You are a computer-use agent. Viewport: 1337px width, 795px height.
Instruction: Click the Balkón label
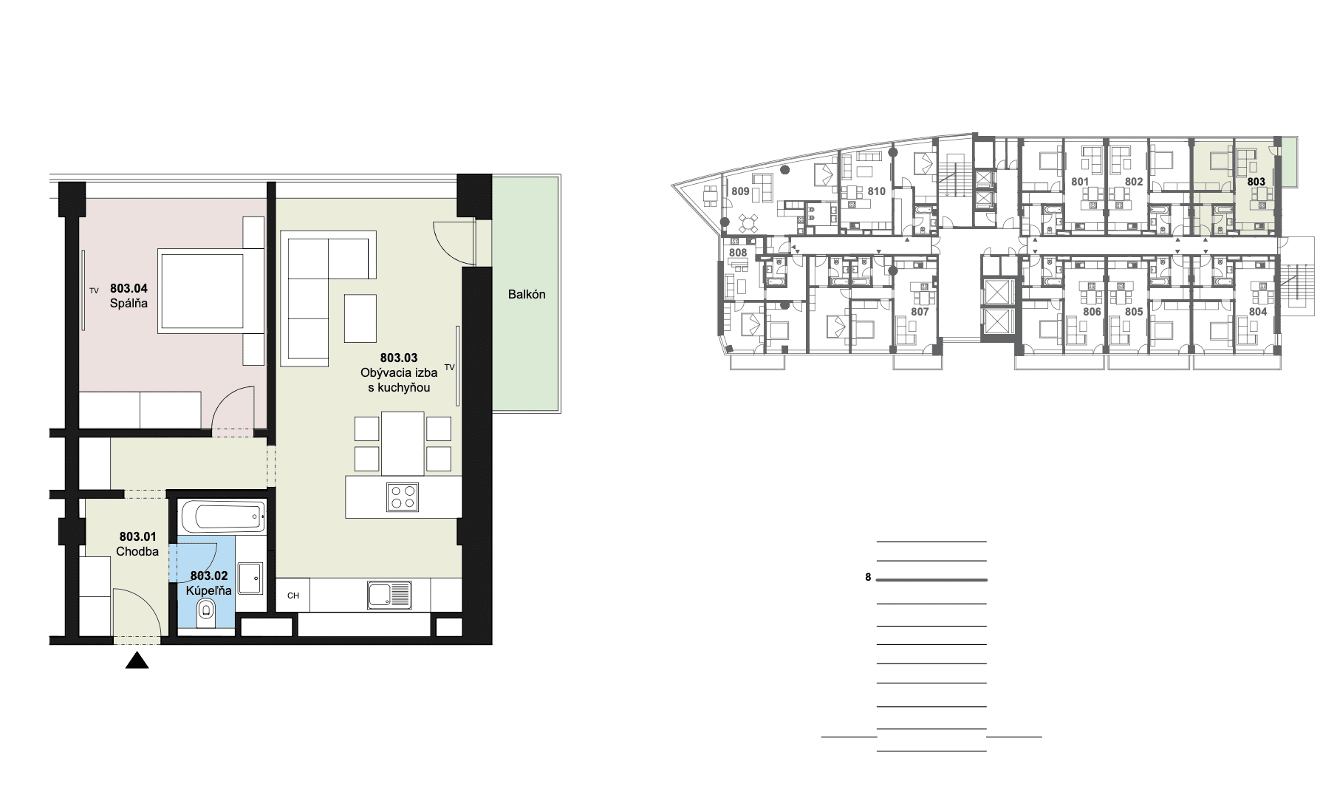(527, 294)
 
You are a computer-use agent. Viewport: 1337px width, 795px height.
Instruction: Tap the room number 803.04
(129, 288)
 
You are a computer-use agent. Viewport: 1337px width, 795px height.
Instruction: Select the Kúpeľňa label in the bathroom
(209, 590)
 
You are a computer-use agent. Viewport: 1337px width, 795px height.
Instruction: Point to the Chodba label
(137, 551)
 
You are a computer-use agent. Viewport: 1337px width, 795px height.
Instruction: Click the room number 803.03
(399, 358)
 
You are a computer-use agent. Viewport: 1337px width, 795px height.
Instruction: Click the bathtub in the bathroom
(221, 515)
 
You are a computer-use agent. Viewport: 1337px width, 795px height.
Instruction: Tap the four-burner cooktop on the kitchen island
(403, 497)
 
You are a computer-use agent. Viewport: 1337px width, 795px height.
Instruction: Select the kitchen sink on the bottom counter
(389, 595)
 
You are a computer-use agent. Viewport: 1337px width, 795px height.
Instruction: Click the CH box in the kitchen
(293, 595)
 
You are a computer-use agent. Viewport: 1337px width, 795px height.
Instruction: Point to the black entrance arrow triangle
(137, 661)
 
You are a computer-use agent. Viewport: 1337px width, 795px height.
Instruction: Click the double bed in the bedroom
(211, 290)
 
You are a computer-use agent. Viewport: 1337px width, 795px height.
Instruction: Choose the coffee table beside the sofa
(360, 318)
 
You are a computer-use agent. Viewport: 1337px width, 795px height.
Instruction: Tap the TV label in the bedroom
(94, 291)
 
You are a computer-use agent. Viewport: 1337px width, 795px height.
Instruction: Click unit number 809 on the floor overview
(740, 191)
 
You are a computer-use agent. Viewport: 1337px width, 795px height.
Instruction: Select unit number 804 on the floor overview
(1258, 312)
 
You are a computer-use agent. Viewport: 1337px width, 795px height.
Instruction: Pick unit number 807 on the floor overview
(920, 312)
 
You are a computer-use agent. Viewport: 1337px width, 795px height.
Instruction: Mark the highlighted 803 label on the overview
(1256, 182)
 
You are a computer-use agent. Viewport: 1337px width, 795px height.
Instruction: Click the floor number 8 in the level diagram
(869, 578)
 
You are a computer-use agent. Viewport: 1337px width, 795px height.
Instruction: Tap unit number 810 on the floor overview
(876, 191)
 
